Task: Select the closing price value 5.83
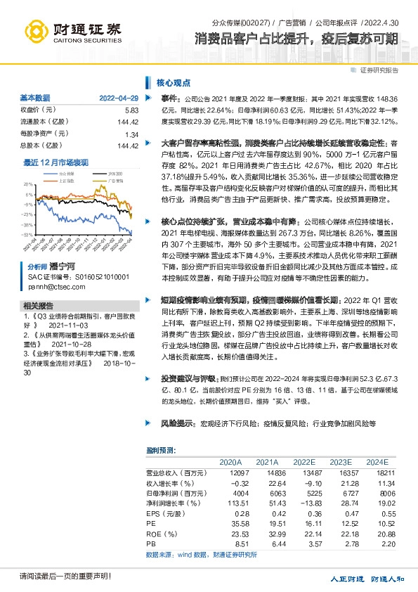(x=131, y=110)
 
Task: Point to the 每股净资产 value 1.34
(x=131, y=134)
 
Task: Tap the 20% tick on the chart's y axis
(x=27, y=183)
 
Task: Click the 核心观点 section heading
(x=171, y=82)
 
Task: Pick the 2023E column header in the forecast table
(x=340, y=462)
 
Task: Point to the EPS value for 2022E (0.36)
(x=303, y=515)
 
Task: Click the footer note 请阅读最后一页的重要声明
(x=55, y=577)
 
